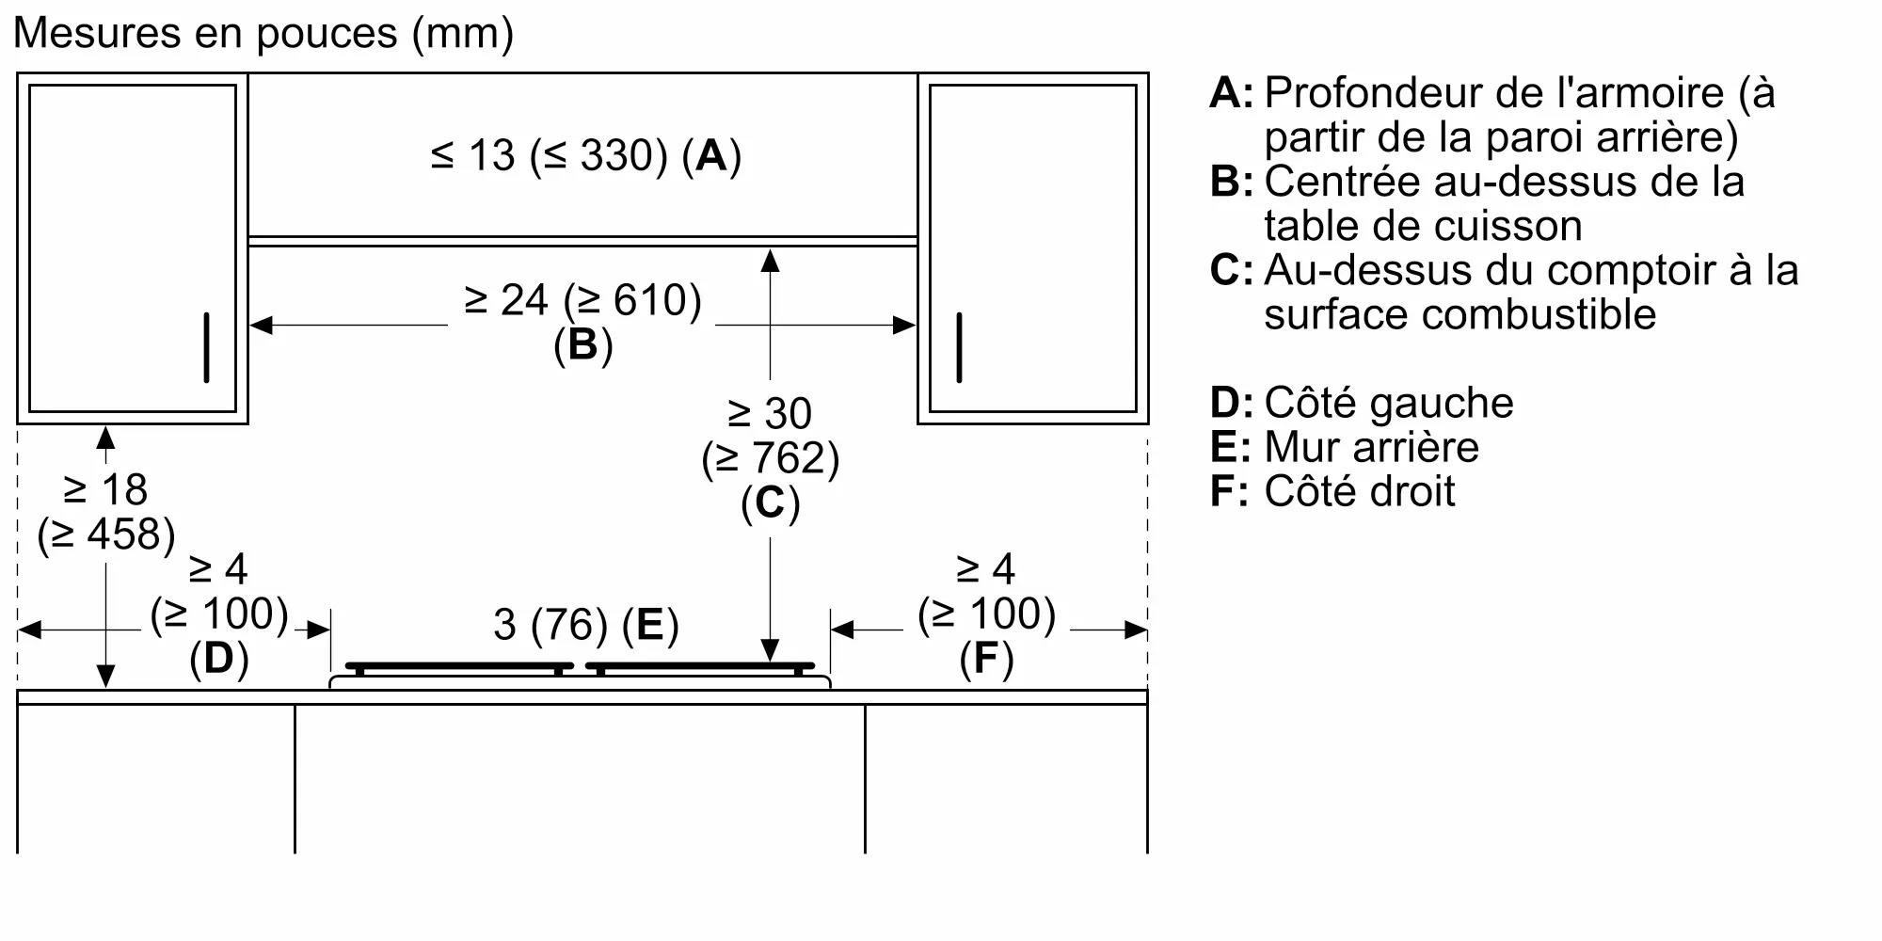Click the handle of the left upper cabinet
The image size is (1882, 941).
206,347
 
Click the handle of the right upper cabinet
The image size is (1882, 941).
959,347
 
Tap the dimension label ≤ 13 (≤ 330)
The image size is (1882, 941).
550,155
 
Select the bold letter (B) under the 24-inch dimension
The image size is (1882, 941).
583,345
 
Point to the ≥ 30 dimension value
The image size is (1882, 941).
770,413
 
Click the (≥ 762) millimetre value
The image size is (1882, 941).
771,458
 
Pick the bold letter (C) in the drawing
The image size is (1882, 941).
771,503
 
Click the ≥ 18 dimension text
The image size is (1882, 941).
105,489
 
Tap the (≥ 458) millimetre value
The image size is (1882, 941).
106,534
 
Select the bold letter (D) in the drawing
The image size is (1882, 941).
219,658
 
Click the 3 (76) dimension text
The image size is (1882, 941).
550,625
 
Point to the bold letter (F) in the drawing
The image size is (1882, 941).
987,658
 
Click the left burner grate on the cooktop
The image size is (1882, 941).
459,667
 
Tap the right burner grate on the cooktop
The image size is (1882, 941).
700,667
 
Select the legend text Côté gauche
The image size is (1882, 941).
1389,403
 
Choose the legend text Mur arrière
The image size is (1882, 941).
1371,447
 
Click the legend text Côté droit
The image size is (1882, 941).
1360,491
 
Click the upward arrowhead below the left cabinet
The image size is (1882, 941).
105,438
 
